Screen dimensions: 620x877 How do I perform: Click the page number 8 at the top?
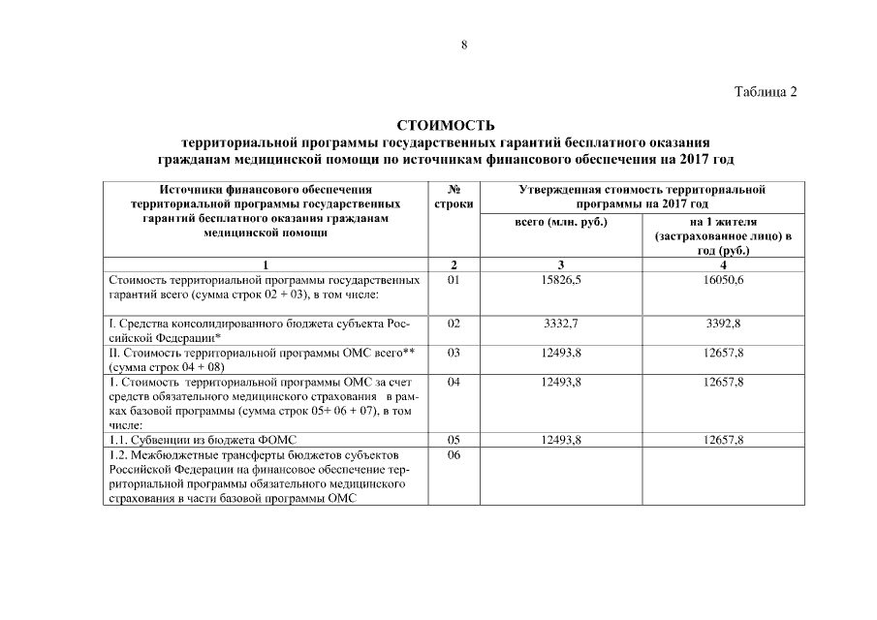pyautogui.click(x=464, y=46)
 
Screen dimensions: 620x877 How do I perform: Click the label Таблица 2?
pyautogui.click(x=766, y=92)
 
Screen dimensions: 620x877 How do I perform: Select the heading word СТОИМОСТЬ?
pyautogui.click(x=446, y=125)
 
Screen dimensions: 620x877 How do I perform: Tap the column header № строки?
pyautogui.click(x=454, y=197)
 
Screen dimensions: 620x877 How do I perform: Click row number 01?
pyautogui.click(x=454, y=279)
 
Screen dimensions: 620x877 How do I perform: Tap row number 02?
pyautogui.click(x=454, y=323)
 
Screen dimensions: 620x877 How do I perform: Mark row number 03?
pyautogui.click(x=454, y=353)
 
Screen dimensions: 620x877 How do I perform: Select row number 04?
pyautogui.click(x=454, y=383)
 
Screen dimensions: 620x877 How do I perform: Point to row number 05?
pyautogui.click(x=454, y=440)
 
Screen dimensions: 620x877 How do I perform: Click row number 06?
pyautogui.click(x=454, y=454)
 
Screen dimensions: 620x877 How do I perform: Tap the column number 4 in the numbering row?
pyautogui.click(x=724, y=264)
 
